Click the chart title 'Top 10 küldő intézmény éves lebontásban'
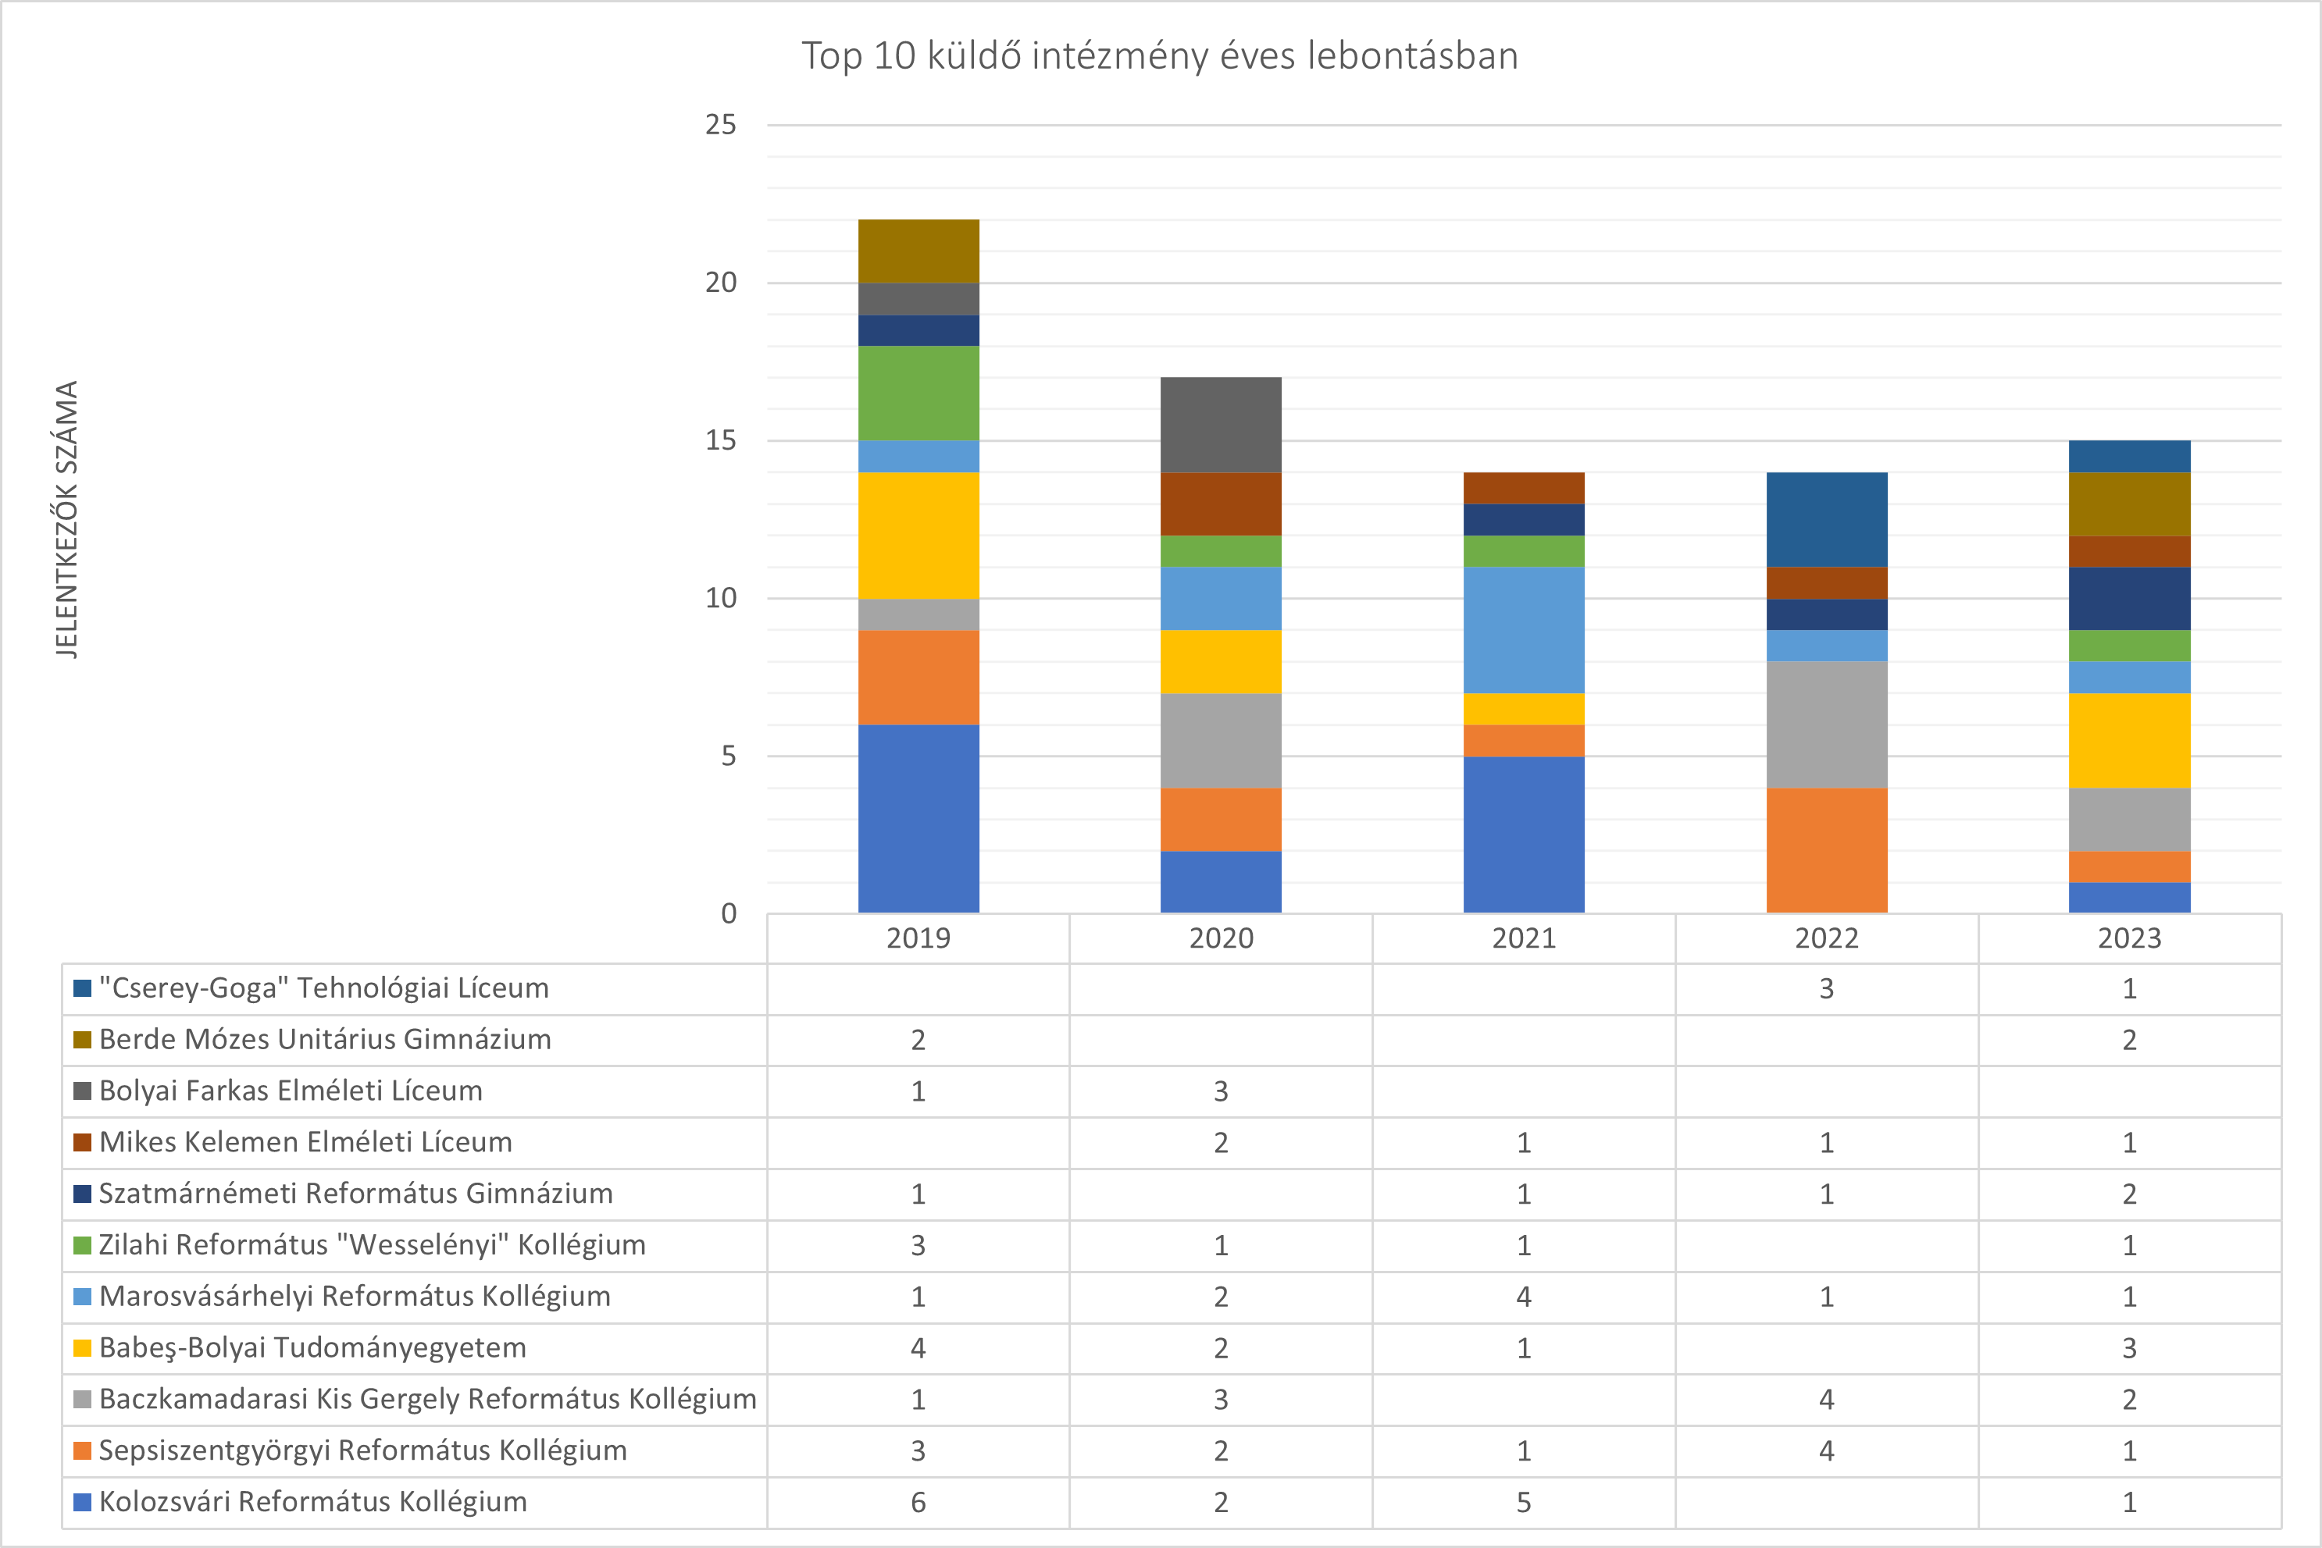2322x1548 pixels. pyautogui.click(x=1160, y=56)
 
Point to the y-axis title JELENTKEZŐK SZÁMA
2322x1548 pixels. pyautogui.click(x=66, y=519)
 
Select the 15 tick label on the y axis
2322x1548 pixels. pyautogui.click(x=721, y=440)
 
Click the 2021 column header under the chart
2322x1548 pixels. pyautogui.click(x=1523, y=938)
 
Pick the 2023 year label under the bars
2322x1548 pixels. pyautogui.click(x=2129, y=938)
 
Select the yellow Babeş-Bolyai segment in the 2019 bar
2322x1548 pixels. pyautogui.click(x=918, y=535)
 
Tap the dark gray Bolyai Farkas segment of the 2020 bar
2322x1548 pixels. pyautogui.click(x=1221, y=425)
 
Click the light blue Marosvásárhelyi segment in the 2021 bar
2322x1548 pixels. pyautogui.click(x=1523, y=630)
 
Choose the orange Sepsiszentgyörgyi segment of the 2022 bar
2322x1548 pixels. pyautogui.click(x=1826, y=850)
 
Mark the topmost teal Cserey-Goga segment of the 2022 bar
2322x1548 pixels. pyautogui.click(x=1826, y=519)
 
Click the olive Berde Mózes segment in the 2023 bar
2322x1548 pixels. pyautogui.click(x=2129, y=504)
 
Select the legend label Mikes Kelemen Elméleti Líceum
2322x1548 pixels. pyautogui.click(x=306, y=1142)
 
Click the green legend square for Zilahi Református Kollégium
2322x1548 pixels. pyautogui.click(x=83, y=1245)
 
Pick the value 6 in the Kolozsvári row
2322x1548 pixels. pyautogui.click(x=918, y=1502)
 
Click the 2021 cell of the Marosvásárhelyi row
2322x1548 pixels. pyautogui.click(x=1523, y=1297)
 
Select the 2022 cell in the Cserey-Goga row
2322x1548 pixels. pyautogui.click(x=1826, y=988)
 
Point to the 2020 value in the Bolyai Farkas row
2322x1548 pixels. pyautogui.click(x=1221, y=1091)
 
